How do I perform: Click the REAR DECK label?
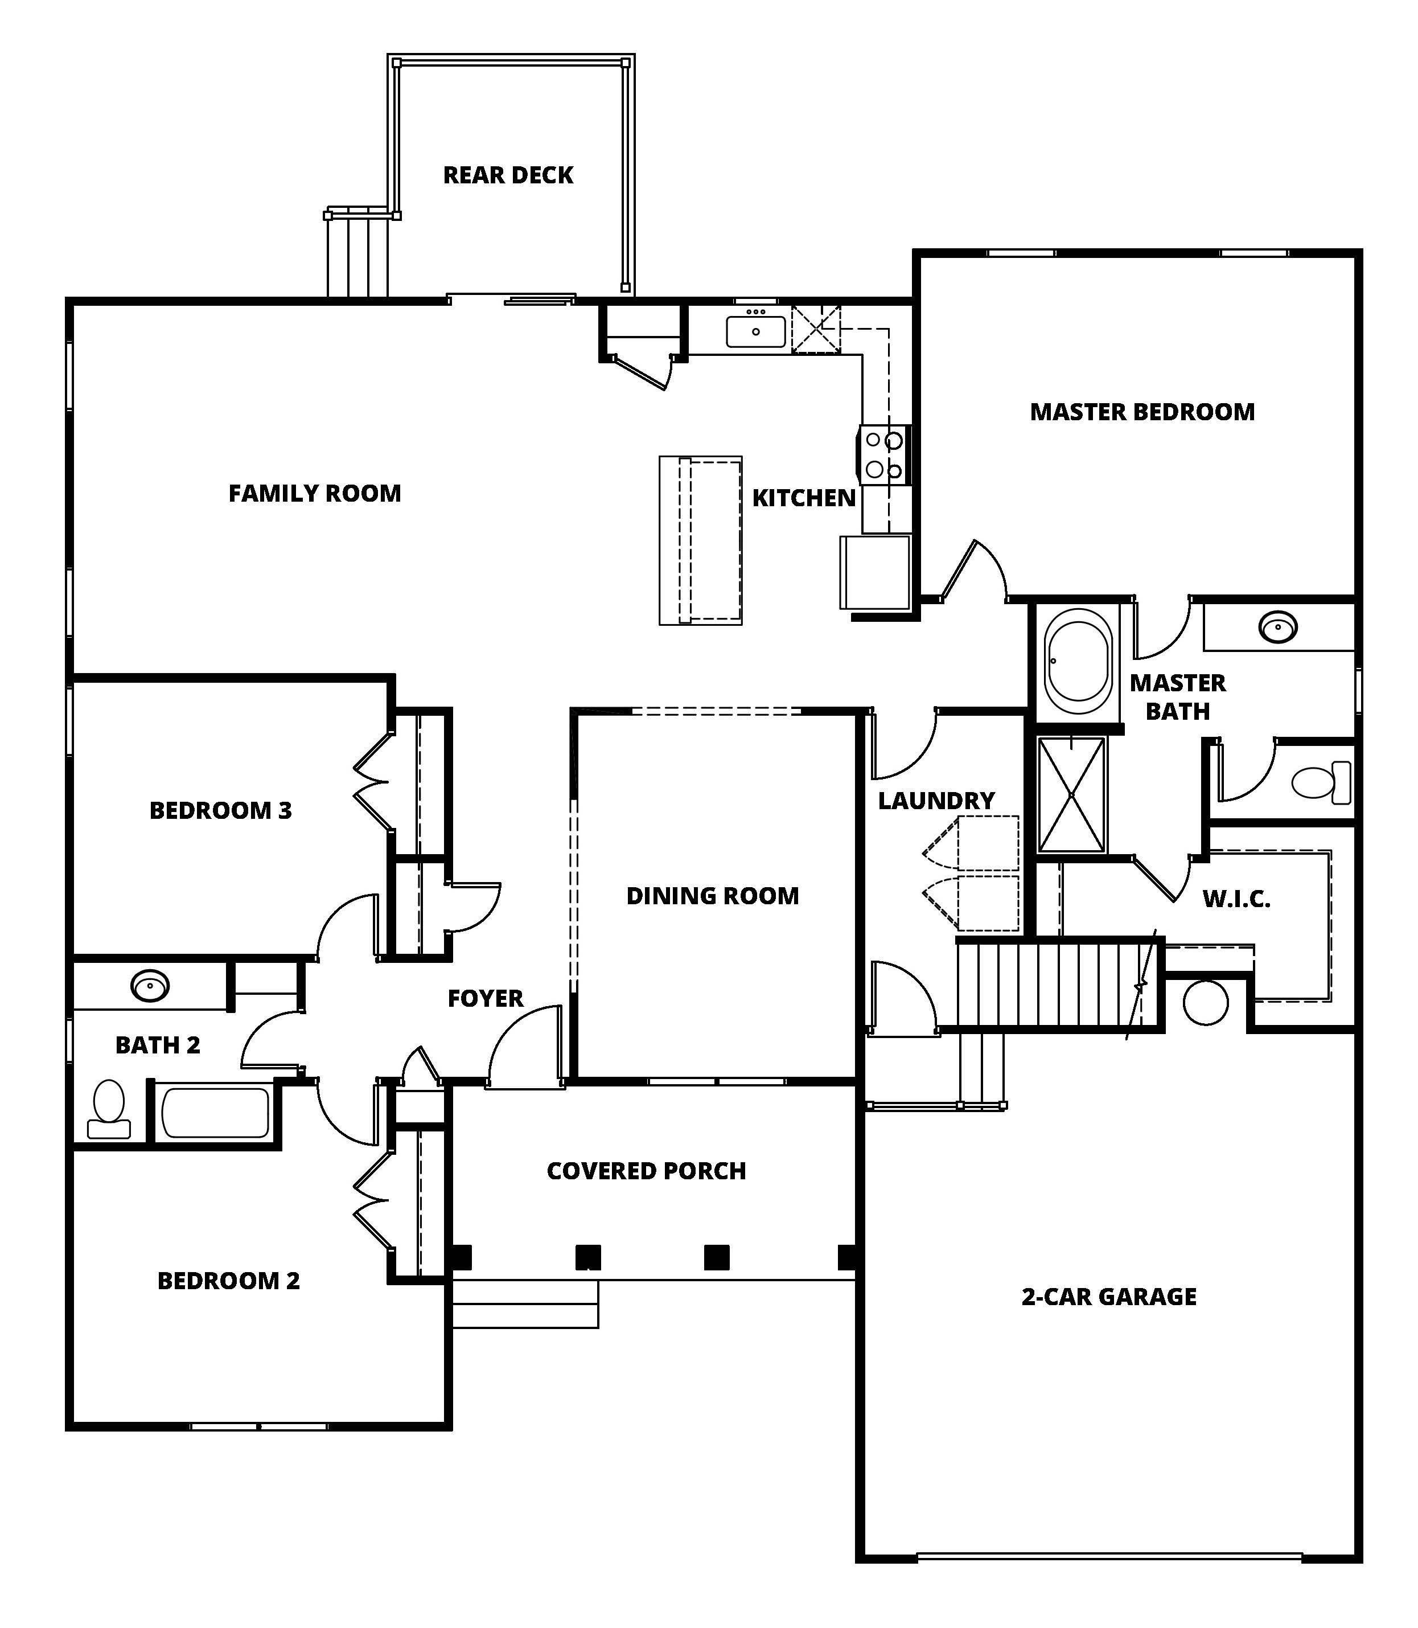pyautogui.click(x=508, y=175)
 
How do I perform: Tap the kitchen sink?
pyautogui.click(x=756, y=331)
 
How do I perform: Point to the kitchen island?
pyautogui.click(x=700, y=540)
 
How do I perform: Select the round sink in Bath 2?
pyautogui.click(x=150, y=986)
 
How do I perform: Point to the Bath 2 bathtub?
pyautogui.click(x=215, y=1113)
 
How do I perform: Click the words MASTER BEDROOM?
pyautogui.click(x=1142, y=412)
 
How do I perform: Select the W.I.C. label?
pyautogui.click(x=1236, y=899)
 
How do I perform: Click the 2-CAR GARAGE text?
pyautogui.click(x=1108, y=1297)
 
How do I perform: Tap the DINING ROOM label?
pyautogui.click(x=712, y=896)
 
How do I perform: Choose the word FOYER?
pyautogui.click(x=485, y=999)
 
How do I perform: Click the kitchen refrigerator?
pyautogui.click(x=875, y=572)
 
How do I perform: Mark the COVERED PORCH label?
pyautogui.click(x=647, y=1171)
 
